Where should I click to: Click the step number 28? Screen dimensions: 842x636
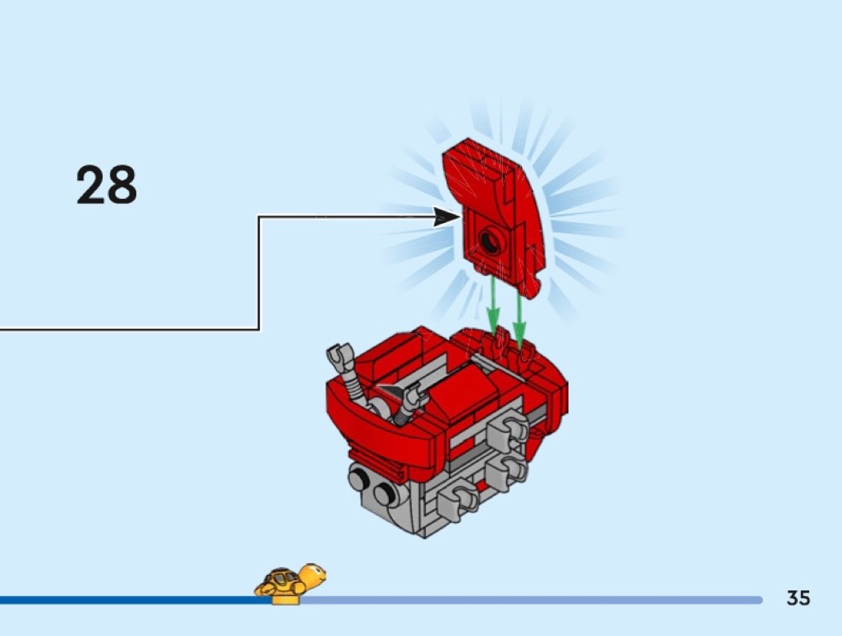coord(107,184)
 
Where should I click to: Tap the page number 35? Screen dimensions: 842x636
coord(798,598)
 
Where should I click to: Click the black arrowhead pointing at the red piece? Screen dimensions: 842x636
coord(447,217)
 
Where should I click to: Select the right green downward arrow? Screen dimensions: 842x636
coord(519,316)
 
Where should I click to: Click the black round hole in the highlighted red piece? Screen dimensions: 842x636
coord(490,240)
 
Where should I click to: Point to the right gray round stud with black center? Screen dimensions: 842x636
coord(384,494)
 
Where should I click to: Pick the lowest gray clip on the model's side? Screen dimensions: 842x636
coord(456,502)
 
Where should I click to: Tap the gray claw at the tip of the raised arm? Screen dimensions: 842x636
coord(338,354)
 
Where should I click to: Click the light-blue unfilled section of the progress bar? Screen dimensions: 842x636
coord(532,600)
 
